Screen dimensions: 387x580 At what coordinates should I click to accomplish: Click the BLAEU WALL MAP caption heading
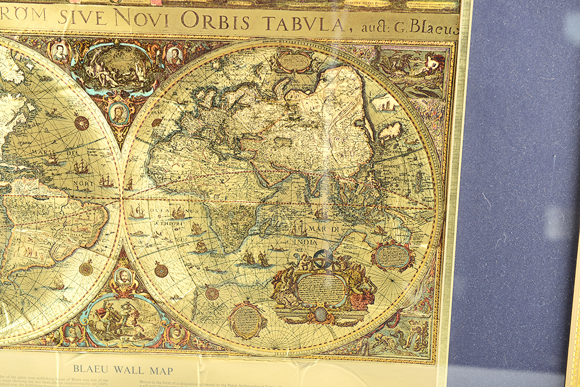(122, 370)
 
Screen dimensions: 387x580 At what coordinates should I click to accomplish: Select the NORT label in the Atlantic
(85, 185)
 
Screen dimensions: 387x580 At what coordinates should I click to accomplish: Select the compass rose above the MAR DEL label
(81, 123)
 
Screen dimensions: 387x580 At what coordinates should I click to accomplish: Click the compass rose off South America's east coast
(86, 269)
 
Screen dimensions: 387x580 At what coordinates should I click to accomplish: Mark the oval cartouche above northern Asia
(293, 61)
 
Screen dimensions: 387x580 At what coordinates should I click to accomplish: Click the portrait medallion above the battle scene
(124, 277)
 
